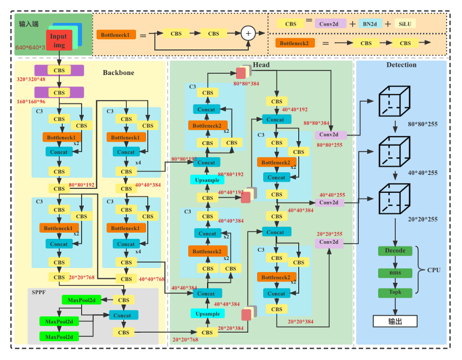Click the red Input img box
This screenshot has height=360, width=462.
[x=59, y=40]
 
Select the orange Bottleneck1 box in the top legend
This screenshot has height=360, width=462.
[x=116, y=34]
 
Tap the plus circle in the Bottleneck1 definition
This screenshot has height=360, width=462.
[x=248, y=33]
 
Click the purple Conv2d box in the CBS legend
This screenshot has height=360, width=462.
[x=330, y=24]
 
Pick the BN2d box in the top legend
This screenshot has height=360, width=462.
[x=369, y=24]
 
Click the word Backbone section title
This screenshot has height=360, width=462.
[x=118, y=73]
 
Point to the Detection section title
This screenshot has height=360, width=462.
[x=401, y=65]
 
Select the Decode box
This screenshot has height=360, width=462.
[x=395, y=251]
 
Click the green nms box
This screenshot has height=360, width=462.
[x=395, y=272]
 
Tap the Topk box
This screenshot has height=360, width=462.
[x=395, y=292]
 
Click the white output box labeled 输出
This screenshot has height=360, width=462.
[x=395, y=321]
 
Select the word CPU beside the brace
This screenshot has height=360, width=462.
[x=434, y=270]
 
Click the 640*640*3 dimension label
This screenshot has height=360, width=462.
[x=30, y=48]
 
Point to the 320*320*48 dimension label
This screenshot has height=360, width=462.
[x=31, y=79]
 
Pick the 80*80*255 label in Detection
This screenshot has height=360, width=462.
[x=423, y=124]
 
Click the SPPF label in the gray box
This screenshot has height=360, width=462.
[x=39, y=292]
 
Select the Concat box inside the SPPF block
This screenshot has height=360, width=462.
[x=122, y=315]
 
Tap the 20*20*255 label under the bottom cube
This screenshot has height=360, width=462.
[x=423, y=219]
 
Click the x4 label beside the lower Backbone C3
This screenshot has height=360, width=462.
[x=138, y=252]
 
